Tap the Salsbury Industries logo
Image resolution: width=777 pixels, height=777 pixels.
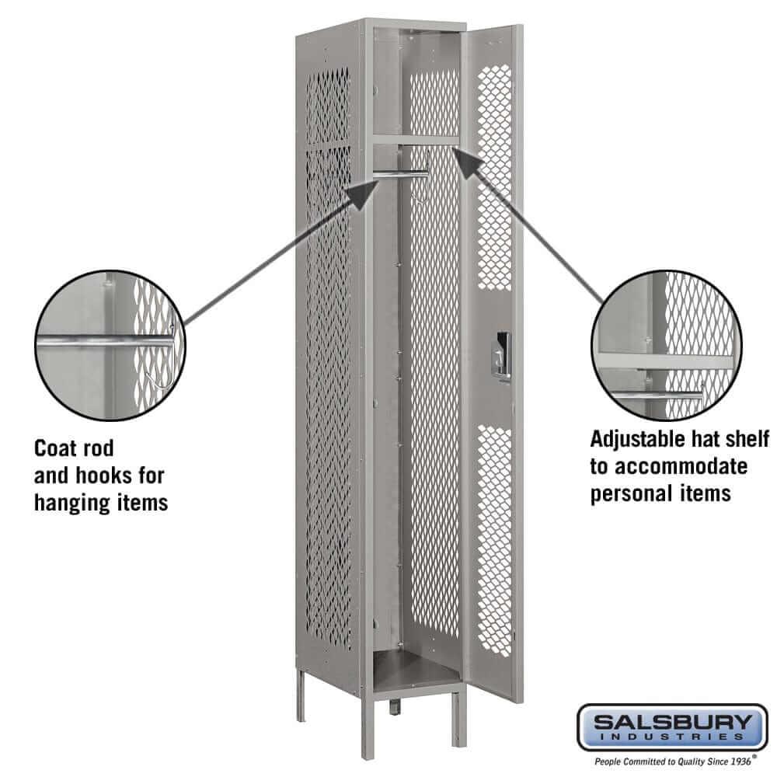click(x=671, y=726)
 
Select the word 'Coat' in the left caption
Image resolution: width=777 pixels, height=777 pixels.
click(x=52, y=448)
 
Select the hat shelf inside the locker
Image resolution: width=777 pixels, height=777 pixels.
click(x=415, y=141)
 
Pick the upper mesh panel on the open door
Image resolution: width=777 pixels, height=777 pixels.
click(x=494, y=175)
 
